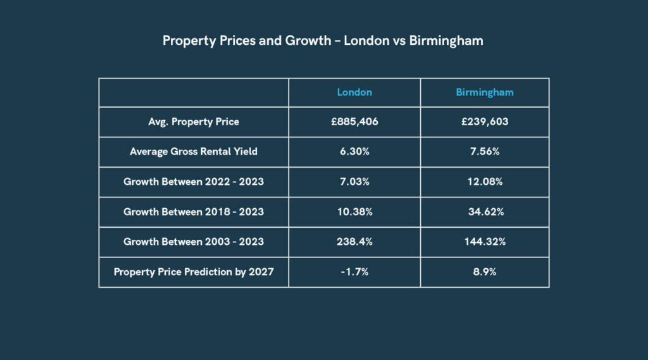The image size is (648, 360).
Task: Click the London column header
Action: point(354,92)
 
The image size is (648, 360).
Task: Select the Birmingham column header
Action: point(485,92)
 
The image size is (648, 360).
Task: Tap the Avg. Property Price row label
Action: point(194,121)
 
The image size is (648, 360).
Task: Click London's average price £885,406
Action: point(354,121)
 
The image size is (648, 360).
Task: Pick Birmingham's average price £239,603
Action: point(485,121)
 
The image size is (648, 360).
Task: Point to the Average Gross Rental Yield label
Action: point(194,152)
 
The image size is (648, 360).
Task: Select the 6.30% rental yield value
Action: point(354,152)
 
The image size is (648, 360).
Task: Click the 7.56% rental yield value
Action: point(485,152)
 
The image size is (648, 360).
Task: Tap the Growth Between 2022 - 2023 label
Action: point(194,182)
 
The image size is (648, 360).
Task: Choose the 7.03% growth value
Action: point(354,182)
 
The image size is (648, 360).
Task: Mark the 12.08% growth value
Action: point(485,182)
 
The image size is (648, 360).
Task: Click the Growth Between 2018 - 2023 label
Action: point(194,212)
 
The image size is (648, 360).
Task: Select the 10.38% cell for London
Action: point(354,212)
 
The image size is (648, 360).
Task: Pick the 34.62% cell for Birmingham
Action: point(485,212)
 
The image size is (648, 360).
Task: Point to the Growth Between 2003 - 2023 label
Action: point(194,242)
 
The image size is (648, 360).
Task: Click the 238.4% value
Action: point(354,242)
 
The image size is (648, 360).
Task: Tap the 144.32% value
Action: point(485,242)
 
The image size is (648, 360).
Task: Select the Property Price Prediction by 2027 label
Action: point(194,272)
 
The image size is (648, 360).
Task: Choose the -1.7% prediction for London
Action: point(354,272)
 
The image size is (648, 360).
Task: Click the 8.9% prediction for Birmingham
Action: point(485,272)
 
